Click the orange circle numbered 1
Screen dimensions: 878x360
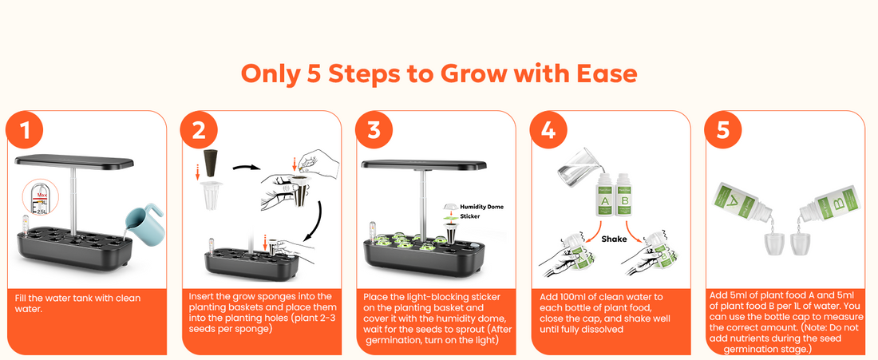24,130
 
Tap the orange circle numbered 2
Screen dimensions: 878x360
199,130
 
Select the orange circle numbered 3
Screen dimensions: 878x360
374,130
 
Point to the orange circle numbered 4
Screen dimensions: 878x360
548,130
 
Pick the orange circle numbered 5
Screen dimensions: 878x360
723,130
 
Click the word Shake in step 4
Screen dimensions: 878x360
615,239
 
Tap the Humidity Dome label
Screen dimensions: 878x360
481,207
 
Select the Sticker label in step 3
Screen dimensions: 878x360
470,216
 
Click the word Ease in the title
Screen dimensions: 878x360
607,74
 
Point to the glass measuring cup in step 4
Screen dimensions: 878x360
575,165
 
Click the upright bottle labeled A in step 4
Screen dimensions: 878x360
604,195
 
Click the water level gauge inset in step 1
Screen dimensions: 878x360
38,199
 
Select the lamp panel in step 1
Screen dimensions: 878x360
74,161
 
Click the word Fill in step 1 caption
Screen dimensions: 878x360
21,298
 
